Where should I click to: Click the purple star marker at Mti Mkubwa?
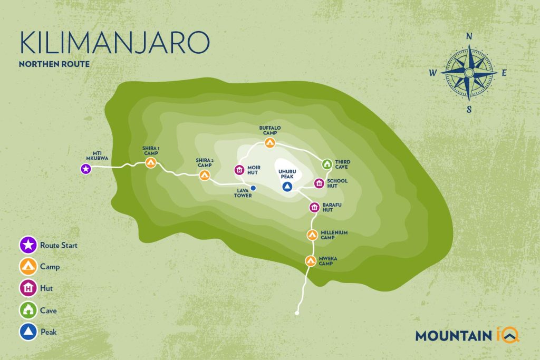pyautogui.click(x=85, y=169)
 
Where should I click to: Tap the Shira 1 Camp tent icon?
pyautogui.click(x=151, y=163)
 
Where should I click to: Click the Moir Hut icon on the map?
pyautogui.click(x=239, y=170)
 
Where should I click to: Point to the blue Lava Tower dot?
pyautogui.click(x=253, y=188)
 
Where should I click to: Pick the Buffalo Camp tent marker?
pyautogui.click(x=270, y=142)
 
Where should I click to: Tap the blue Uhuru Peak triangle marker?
pyautogui.click(x=287, y=187)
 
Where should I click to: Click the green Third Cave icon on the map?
pyautogui.click(x=326, y=164)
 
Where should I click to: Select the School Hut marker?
pyautogui.click(x=319, y=183)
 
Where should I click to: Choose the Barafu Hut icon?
pyautogui.click(x=314, y=207)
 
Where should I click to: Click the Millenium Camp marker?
pyautogui.click(x=312, y=234)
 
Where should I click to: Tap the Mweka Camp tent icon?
pyautogui.click(x=310, y=260)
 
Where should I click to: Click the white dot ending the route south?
pyautogui.click(x=297, y=314)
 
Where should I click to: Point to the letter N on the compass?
pyautogui.click(x=468, y=37)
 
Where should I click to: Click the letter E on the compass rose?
pyautogui.click(x=504, y=73)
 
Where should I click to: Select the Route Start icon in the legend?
pyautogui.click(x=26, y=245)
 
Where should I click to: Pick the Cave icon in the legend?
pyautogui.click(x=26, y=310)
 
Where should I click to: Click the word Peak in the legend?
pyautogui.click(x=49, y=333)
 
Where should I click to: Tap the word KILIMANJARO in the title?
pyautogui.click(x=114, y=43)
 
